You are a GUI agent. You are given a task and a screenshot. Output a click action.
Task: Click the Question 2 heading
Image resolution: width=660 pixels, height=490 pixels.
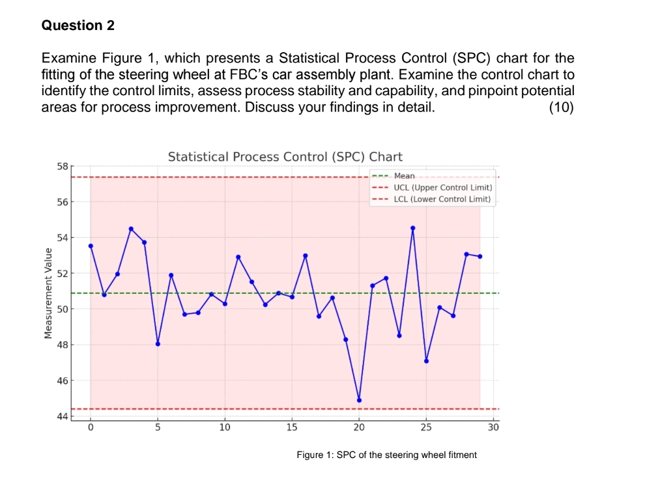coord(78,25)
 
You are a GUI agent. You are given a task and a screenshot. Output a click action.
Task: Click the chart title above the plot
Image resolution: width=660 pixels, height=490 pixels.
coord(285,157)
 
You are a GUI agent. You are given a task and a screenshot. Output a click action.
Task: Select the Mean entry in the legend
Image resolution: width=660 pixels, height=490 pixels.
coord(404,176)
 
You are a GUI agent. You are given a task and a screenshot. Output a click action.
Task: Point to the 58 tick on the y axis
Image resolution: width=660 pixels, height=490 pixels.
coord(62,167)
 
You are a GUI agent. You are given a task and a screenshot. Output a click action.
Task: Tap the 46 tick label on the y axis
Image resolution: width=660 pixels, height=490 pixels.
coord(62,380)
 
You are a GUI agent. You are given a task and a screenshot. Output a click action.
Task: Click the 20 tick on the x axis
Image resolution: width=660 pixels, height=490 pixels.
coord(359,427)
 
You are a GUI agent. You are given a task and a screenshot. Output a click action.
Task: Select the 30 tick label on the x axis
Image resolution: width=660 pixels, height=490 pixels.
coord(493,427)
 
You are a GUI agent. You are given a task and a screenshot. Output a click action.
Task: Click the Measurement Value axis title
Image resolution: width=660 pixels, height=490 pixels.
coord(47,293)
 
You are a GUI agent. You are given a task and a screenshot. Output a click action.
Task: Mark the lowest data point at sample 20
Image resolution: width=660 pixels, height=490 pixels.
coord(359,400)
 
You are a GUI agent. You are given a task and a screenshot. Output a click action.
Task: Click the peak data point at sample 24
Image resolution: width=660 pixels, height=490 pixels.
coord(412,228)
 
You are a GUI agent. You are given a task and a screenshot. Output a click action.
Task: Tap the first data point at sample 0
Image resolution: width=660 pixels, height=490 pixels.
coord(91,246)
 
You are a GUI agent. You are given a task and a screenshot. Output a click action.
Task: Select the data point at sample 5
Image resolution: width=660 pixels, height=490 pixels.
coord(158,344)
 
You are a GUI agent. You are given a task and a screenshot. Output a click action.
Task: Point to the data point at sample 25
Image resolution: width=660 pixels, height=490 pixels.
coord(426,361)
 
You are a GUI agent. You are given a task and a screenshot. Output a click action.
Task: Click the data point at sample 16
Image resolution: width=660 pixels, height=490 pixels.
coord(305,255)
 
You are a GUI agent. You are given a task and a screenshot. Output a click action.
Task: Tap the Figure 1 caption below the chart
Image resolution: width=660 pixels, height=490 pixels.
coord(386,455)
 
